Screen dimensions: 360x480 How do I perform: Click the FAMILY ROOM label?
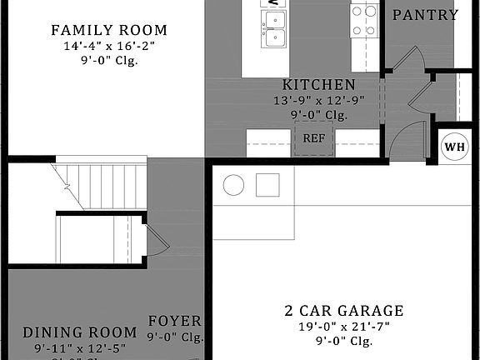(x=108, y=31)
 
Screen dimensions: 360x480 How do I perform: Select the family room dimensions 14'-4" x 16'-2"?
(x=108, y=46)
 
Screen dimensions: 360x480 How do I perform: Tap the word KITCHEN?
(x=318, y=85)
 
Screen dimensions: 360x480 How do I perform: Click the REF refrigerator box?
(x=313, y=138)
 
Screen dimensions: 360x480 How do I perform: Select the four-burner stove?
(x=363, y=21)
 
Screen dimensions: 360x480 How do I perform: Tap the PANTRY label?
(x=425, y=15)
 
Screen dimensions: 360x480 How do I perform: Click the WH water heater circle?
(x=454, y=147)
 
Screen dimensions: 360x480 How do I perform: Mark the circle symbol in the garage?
(x=234, y=184)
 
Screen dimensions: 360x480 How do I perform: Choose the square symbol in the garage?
(x=267, y=184)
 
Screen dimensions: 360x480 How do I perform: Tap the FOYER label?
(x=174, y=321)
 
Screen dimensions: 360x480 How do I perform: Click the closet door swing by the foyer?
(x=157, y=241)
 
